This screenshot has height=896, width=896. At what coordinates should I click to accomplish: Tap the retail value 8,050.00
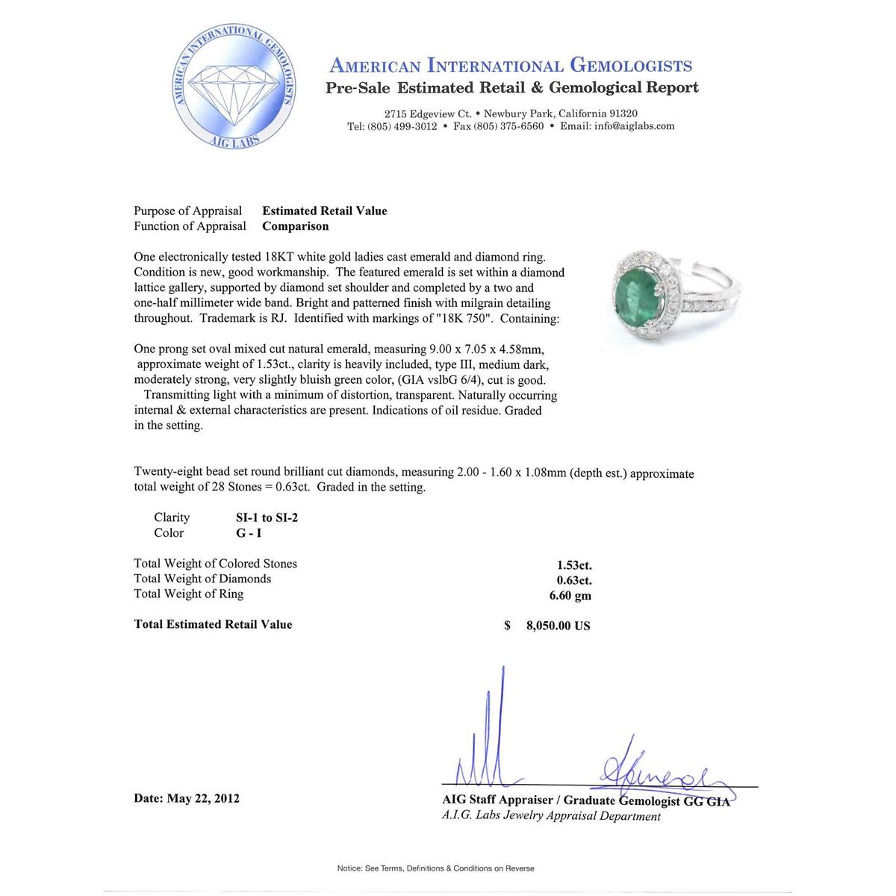pyautogui.click(x=558, y=626)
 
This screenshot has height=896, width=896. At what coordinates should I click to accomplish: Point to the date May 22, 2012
pyautogui.click(x=203, y=798)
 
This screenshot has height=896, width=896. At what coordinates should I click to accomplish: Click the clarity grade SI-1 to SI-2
pyautogui.click(x=267, y=517)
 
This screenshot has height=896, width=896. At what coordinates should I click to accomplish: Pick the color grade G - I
pyautogui.click(x=249, y=533)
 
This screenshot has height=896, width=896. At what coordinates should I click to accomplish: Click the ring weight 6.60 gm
pyautogui.click(x=570, y=595)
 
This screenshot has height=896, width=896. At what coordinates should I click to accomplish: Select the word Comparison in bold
pyautogui.click(x=295, y=226)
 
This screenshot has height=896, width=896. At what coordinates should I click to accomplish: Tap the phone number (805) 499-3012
pyautogui.click(x=402, y=126)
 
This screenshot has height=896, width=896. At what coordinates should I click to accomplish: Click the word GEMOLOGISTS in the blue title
pyautogui.click(x=631, y=66)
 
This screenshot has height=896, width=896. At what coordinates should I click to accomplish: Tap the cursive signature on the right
pyautogui.click(x=657, y=769)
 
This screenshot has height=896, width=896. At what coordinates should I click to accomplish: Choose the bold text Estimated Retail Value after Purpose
pyautogui.click(x=324, y=211)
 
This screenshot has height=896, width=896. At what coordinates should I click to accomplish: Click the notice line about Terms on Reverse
pyautogui.click(x=435, y=868)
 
